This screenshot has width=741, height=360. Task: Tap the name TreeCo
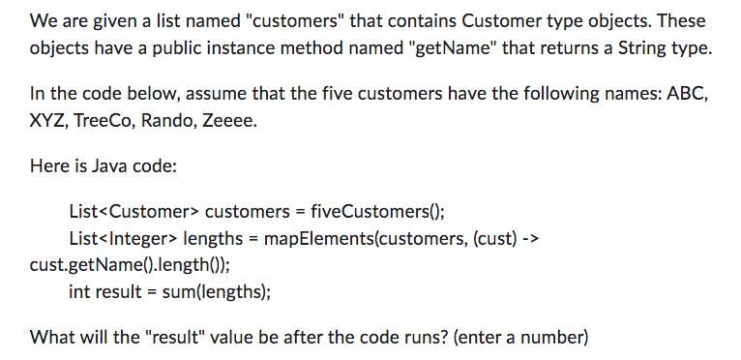coord(108,122)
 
